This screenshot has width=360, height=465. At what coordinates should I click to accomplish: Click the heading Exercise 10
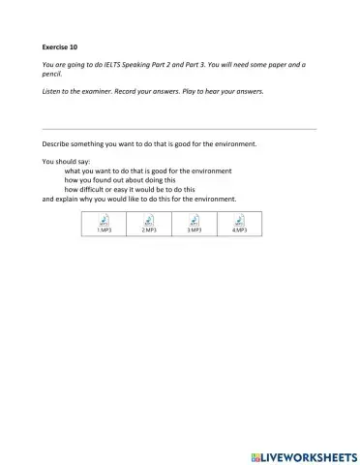click(60, 46)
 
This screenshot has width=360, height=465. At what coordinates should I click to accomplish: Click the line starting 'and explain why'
click(139, 200)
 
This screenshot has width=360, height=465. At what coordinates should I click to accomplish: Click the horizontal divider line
click(180, 129)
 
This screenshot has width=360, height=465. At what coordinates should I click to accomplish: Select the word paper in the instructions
click(285, 64)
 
